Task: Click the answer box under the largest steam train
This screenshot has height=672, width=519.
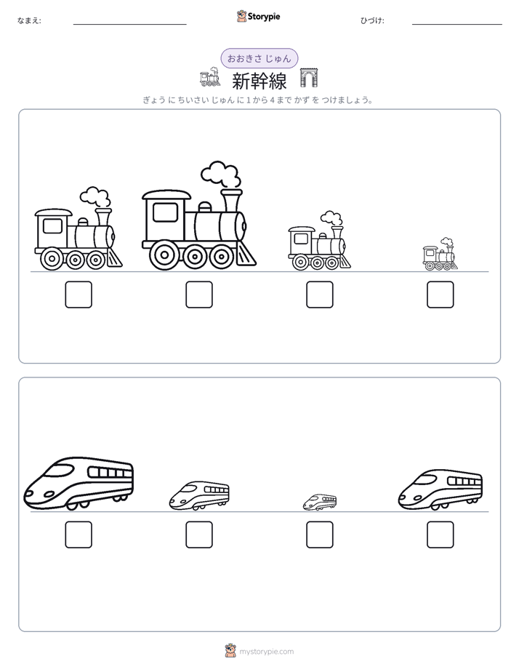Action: coord(199,295)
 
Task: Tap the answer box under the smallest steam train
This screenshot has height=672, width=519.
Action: coord(440,295)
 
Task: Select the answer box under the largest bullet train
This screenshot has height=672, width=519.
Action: coord(79,535)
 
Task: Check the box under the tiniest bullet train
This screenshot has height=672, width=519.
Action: coord(320,535)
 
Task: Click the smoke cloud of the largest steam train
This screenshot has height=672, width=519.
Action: coord(220,175)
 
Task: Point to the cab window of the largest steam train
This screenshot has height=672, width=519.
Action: coord(165,212)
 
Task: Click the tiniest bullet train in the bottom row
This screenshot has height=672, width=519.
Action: coord(320,503)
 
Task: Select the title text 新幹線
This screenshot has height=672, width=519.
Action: coord(259,81)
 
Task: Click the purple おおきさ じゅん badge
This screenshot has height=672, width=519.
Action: coord(259,58)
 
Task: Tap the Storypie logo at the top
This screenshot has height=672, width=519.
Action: coord(259,17)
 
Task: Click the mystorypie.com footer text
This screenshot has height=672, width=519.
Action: coord(266,652)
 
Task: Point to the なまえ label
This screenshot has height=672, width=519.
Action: coord(29,20)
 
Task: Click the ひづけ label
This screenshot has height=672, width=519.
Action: coord(372,20)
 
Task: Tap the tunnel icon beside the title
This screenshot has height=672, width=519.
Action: coord(309,78)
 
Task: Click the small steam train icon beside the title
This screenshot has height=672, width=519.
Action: coord(210,77)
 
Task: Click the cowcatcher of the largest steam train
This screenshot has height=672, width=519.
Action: coord(246,255)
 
